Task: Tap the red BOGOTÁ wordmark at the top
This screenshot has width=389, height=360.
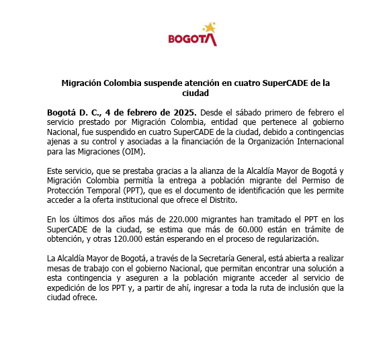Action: point(191,39)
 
